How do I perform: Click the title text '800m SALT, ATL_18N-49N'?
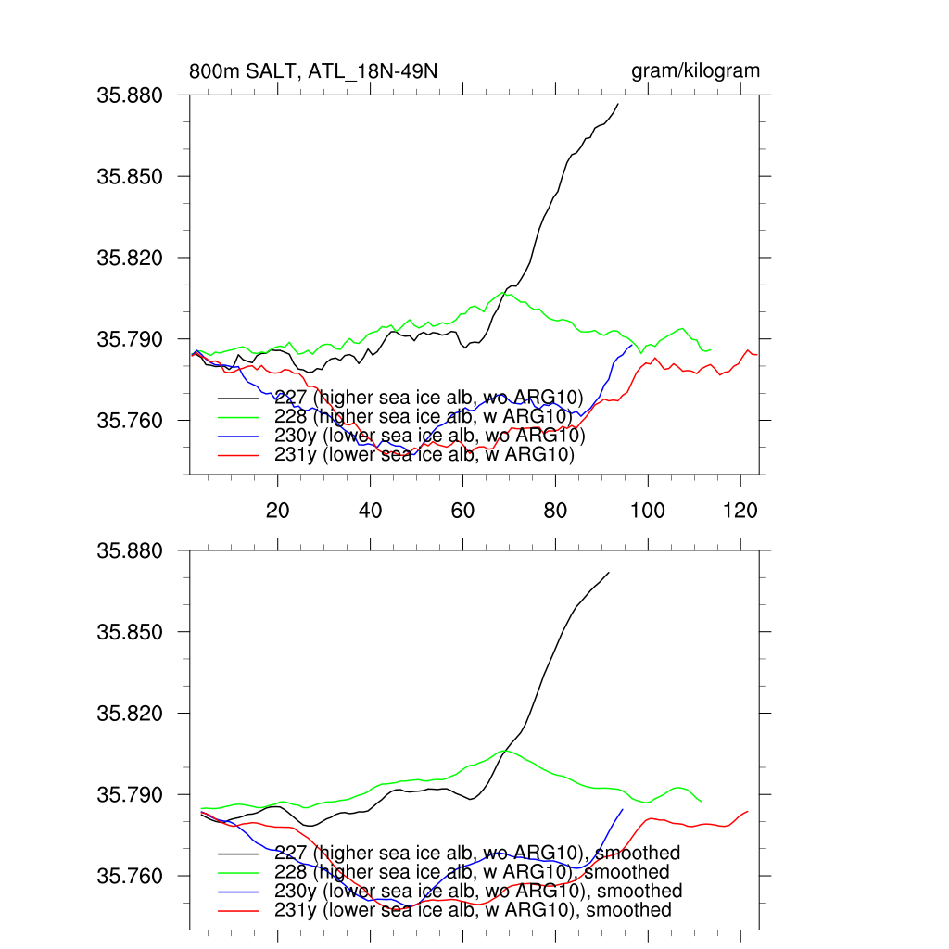(x=313, y=71)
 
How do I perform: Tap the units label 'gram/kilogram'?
(x=695, y=71)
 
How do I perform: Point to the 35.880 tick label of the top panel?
(x=130, y=95)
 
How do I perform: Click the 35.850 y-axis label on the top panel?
(x=130, y=176)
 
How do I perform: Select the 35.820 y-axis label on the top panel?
(x=130, y=258)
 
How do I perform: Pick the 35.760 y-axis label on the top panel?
(x=130, y=421)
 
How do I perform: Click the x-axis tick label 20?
(x=278, y=509)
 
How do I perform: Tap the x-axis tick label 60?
(x=462, y=509)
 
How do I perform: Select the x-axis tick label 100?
(x=647, y=509)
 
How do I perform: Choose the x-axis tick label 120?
(x=740, y=509)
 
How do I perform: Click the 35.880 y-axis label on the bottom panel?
(x=130, y=550)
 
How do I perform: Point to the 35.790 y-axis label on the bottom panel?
(x=130, y=795)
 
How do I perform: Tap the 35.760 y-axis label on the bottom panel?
(x=130, y=877)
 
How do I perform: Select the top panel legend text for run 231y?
(x=424, y=455)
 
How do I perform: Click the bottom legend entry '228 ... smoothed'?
(x=472, y=872)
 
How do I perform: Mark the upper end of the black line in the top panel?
(x=618, y=104)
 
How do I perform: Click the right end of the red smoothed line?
(x=747, y=812)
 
